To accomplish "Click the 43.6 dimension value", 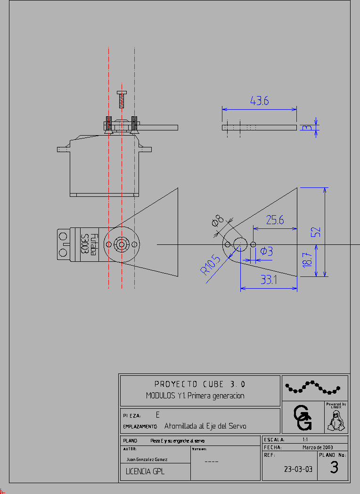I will tap(259, 101).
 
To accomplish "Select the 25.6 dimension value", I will tap(275, 220).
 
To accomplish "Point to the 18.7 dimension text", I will tap(307, 260).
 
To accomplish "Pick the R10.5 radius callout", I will tap(210, 265).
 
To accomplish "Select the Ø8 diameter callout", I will tap(218, 220).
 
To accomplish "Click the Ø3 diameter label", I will tap(267, 251).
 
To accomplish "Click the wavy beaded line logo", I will tap(312, 387).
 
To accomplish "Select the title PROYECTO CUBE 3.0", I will tap(200, 384).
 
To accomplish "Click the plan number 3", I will tap(334, 468).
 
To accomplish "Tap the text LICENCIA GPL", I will tap(145, 471).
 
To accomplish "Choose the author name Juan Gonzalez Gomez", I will tap(147, 459).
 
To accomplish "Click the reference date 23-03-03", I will tap(298, 469).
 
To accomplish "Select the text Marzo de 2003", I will tap(318, 447).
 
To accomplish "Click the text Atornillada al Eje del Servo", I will tap(205, 426).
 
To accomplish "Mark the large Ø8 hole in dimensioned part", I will tap(240, 244).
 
